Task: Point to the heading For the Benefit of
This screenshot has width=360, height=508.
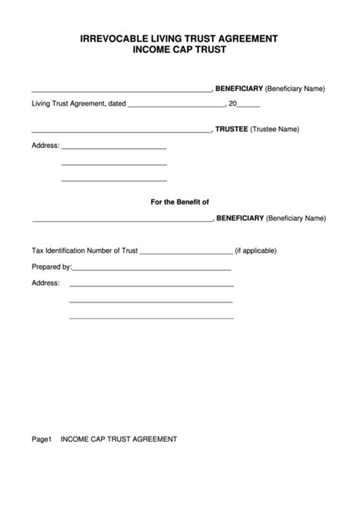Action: tap(181, 201)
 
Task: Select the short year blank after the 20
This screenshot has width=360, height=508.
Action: tap(251, 106)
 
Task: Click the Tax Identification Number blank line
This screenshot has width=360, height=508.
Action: tap(186, 253)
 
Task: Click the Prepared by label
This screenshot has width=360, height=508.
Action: tap(51, 267)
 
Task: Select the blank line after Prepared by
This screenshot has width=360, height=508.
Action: tap(151, 270)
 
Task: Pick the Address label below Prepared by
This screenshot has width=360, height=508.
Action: tap(45, 282)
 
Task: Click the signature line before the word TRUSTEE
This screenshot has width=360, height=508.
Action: tap(122, 132)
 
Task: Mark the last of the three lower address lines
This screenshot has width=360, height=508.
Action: tap(151, 317)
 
